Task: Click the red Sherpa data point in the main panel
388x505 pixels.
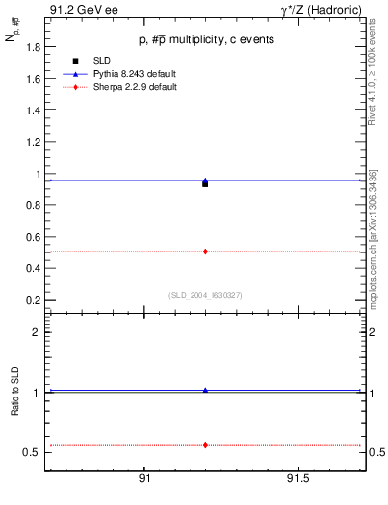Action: pos(205,252)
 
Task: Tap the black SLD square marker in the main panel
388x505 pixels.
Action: pos(205,184)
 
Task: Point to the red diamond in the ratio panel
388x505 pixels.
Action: pos(205,445)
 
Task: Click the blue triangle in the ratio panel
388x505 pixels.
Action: pos(205,390)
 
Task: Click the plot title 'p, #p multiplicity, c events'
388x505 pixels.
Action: pos(205,39)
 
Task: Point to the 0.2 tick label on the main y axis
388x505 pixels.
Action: pos(33,300)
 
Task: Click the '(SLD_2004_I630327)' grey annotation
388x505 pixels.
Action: pos(205,294)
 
